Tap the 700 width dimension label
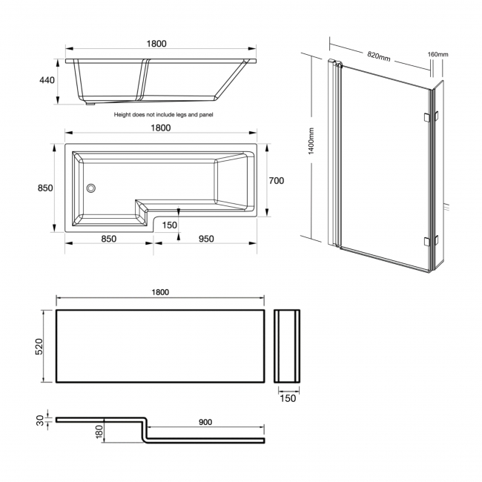(x=277, y=180)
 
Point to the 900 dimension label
(x=205, y=422)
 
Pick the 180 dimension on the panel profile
(x=99, y=432)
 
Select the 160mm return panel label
(x=438, y=54)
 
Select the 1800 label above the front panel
(x=161, y=292)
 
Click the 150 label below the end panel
(x=288, y=398)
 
